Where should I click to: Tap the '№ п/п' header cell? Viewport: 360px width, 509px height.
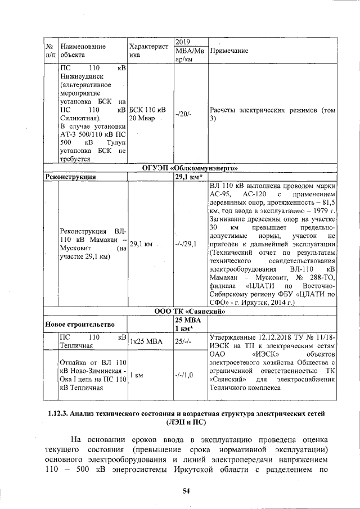[x=49, y=51]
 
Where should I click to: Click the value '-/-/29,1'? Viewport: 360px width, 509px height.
[x=186, y=245]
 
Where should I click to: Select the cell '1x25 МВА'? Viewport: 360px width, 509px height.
[x=145, y=341]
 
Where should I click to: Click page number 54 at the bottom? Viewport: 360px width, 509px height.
[x=186, y=491]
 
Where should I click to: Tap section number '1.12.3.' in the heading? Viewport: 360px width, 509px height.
[x=58, y=413]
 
